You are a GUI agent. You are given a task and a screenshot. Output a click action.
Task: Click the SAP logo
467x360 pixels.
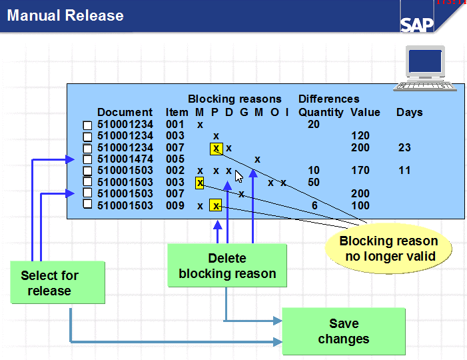(x=417, y=24)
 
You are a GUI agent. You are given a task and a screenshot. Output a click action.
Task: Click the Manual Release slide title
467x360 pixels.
(x=65, y=15)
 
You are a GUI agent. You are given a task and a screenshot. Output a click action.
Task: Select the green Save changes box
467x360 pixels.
(x=343, y=331)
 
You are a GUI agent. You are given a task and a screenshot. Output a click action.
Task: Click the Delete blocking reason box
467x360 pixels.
(x=227, y=266)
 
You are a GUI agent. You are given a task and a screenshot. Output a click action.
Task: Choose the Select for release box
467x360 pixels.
(x=49, y=283)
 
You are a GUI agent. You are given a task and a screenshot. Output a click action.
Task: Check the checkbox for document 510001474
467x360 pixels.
(x=87, y=159)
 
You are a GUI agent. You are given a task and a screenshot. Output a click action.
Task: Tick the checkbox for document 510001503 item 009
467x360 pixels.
(x=87, y=205)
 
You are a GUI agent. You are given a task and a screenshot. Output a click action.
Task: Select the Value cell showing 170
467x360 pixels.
(x=360, y=171)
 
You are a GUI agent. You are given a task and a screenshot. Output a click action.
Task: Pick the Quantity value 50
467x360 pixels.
(x=313, y=182)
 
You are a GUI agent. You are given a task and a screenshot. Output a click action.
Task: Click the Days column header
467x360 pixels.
(x=409, y=112)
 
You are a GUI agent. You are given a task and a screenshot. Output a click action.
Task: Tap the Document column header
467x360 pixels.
(x=125, y=112)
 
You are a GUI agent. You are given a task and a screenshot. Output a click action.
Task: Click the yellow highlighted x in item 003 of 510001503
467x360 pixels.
(x=199, y=182)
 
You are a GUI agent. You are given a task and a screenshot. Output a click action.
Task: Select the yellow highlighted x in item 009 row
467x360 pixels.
(x=215, y=205)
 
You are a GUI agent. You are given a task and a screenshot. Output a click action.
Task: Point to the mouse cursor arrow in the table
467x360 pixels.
(x=239, y=176)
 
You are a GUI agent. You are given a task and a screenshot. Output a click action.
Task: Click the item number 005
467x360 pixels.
(x=175, y=159)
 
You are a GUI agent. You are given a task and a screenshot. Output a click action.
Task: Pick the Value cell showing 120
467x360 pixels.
(x=360, y=136)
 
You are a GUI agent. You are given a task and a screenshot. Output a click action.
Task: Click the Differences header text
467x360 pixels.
(x=328, y=99)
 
